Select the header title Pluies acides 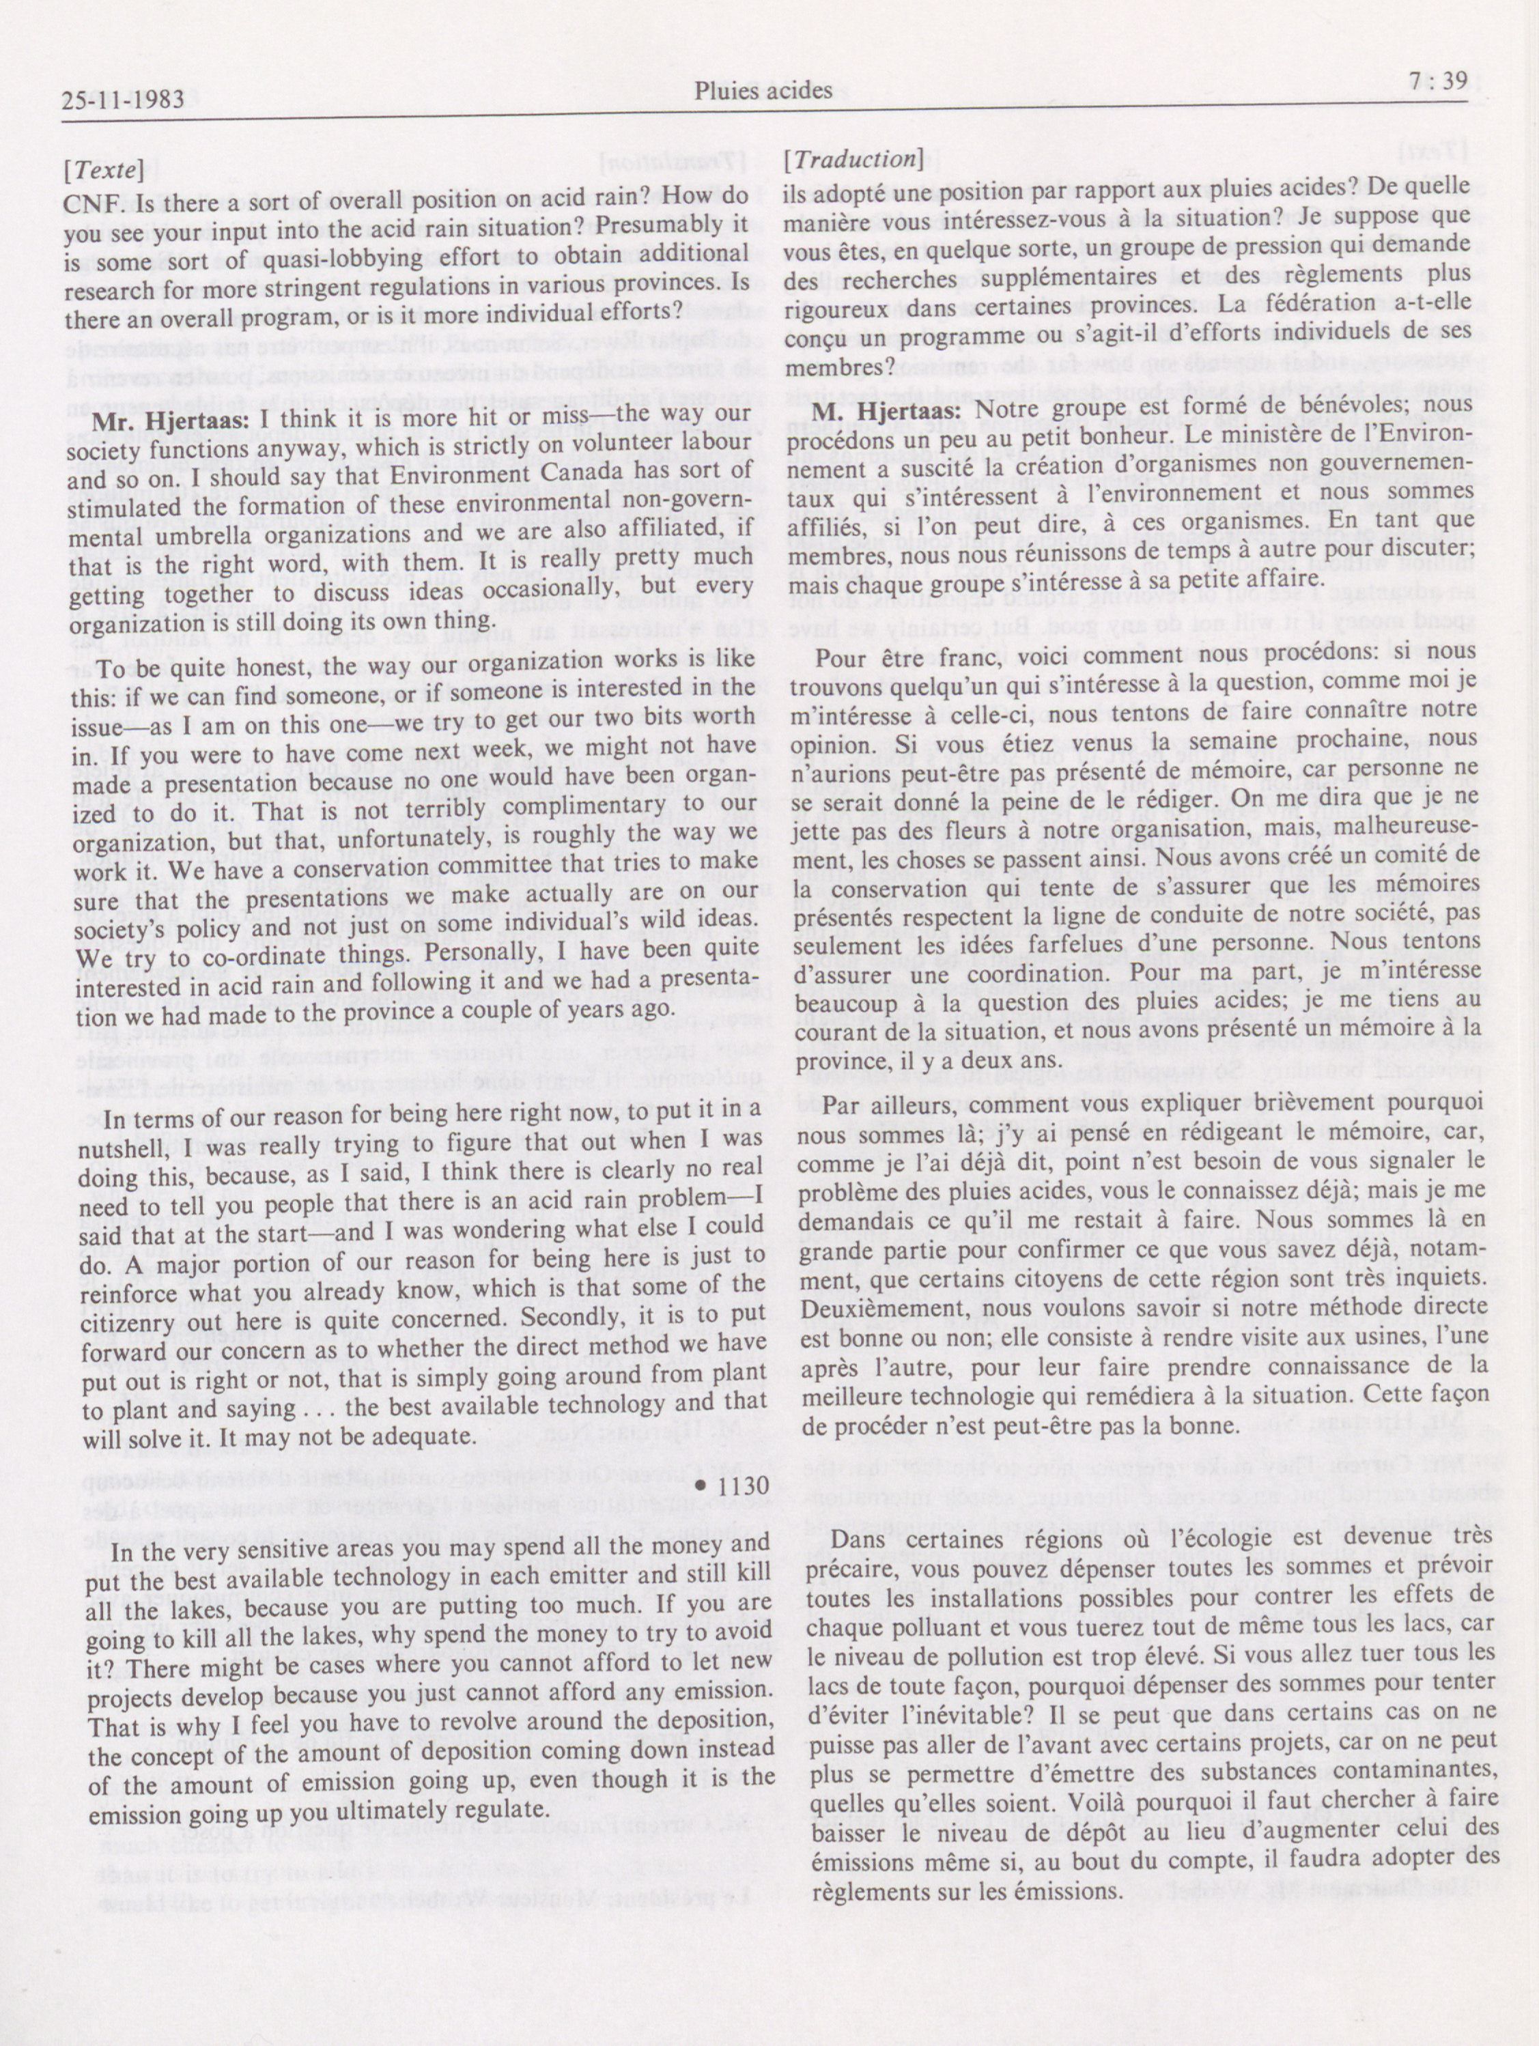[x=763, y=91]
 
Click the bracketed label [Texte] [x=102, y=172]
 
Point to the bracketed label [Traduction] [x=852, y=159]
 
